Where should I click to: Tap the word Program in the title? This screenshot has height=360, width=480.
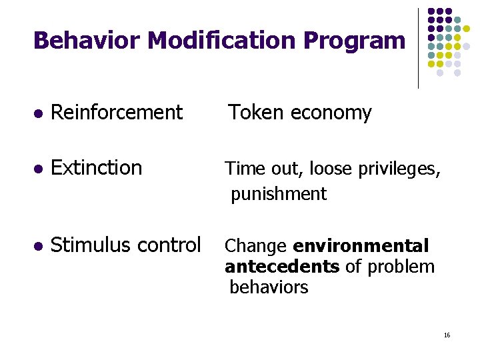click(x=354, y=41)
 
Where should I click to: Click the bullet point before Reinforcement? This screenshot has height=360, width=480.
click(x=38, y=113)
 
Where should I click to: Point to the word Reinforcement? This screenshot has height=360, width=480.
click(x=117, y=113)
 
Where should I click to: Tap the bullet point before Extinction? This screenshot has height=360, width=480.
click(x=38, y=169)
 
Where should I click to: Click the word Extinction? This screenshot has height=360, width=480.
click(x=97, y=167)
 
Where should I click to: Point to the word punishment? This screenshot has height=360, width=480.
click(x=279, y=194)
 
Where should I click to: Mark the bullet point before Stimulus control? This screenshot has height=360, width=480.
click(x=38, y=247)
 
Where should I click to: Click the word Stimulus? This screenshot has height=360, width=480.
click(x=89, y=245)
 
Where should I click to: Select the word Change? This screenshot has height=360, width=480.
click(x=255, y=246)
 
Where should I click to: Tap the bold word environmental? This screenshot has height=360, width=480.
click(x=361, y=246)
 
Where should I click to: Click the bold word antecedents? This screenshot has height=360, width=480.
click(x=282, y=267)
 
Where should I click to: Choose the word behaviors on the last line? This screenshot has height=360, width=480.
click(x=269, y=287)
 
